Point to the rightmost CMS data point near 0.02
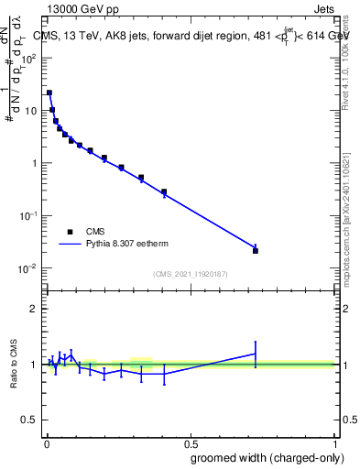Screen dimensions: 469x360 pyautogui.click(x=256, y=250)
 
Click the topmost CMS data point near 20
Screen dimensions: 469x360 pyautogui.click(x=49, y=93)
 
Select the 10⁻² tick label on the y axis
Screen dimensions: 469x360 pyautogui.click(x=27, y=268)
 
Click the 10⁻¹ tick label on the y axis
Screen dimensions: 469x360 pyautogui.click(x=27, y=216)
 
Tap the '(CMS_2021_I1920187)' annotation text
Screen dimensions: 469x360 pyautogui.click(x=191, y=274)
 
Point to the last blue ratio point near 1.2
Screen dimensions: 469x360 pyautogui.click(x=256, y=353)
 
